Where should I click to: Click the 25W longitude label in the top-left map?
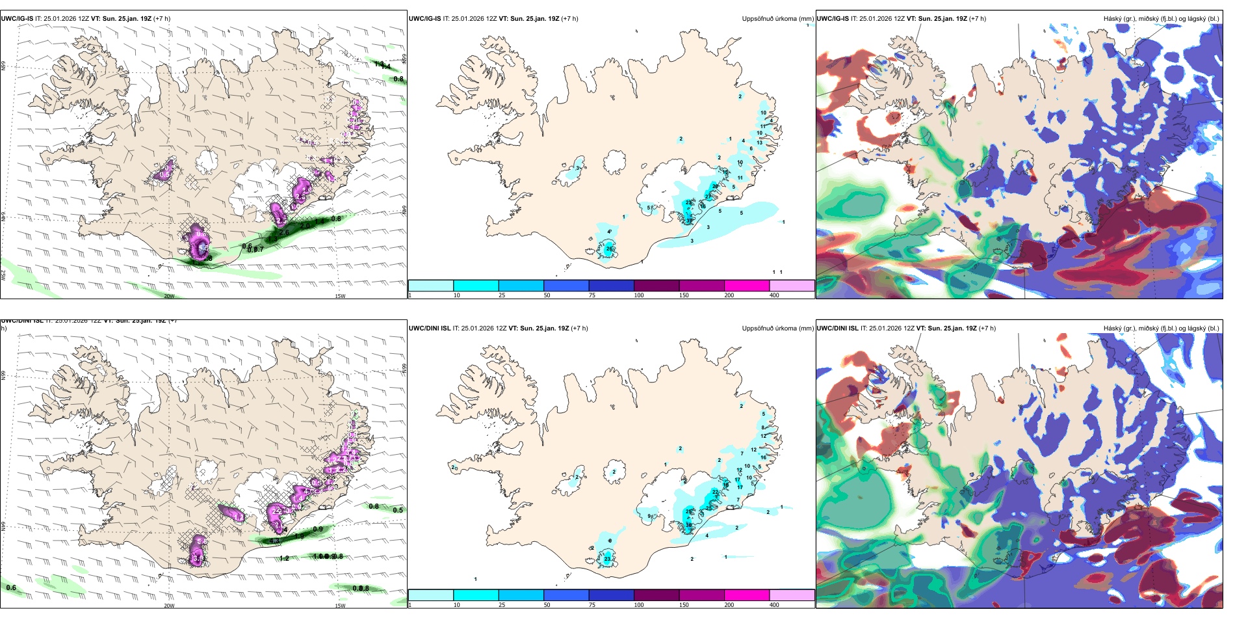[3, 275]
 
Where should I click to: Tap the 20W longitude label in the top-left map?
[169, 296]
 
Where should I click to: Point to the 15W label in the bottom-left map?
[340, 606]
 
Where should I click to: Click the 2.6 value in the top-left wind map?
[284, 232]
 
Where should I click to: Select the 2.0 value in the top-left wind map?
[305, 226]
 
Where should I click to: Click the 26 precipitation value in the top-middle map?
[609, 249]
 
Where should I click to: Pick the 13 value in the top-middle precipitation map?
[759, 142]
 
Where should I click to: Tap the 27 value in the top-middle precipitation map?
[708, 196]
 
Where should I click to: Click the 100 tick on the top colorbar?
[638, 295]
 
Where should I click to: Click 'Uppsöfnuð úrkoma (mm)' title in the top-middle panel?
[777, 19]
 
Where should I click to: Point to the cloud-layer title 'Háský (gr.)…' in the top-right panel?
[1161, 19]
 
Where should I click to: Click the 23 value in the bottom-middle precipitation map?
[607, 559]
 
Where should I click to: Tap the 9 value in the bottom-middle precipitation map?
[649, 517]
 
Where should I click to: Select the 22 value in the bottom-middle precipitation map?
[715, 492]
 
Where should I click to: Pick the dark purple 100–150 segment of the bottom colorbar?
[656, 595]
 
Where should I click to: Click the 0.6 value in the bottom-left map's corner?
[11, 587]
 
